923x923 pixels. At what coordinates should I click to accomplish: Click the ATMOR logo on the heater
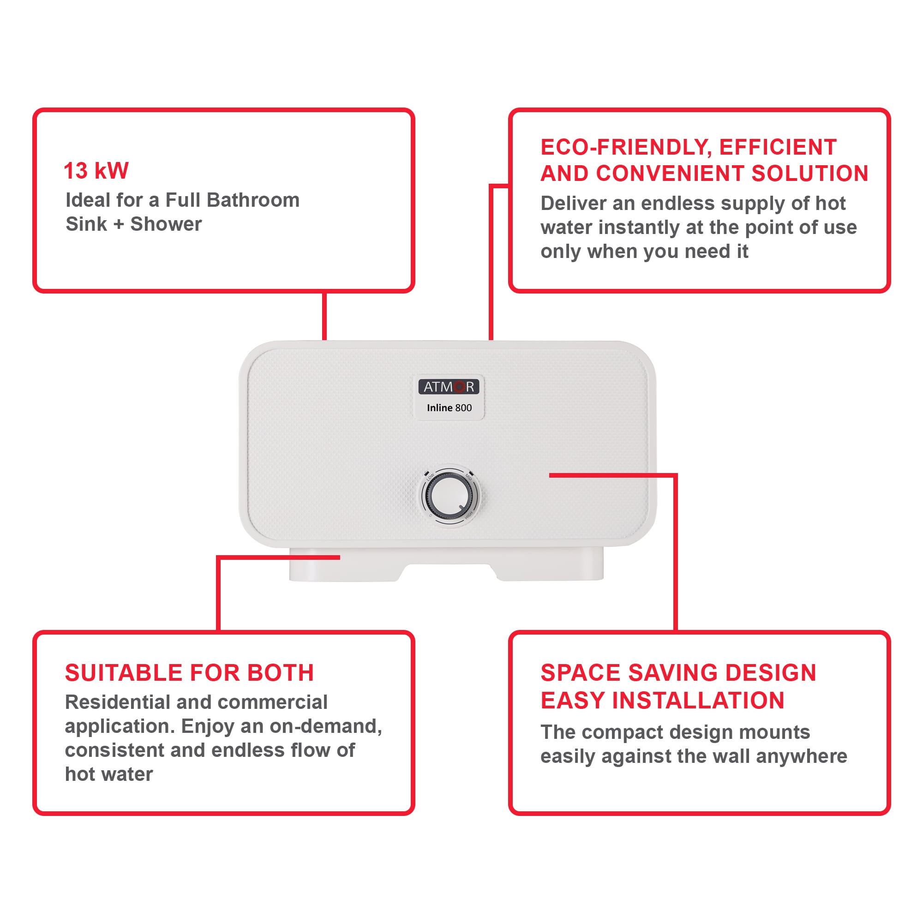tap(448, 386)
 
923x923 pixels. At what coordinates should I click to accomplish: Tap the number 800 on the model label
tap(463, 408)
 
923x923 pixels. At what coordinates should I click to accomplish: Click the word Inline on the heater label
tap(439, 408)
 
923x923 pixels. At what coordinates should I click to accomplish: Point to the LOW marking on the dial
tap(430, 477)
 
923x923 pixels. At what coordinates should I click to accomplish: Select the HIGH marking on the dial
tap(469, 515)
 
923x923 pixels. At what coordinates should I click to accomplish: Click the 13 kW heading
tap(96, 171)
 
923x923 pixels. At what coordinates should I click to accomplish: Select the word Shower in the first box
tap(166, 224)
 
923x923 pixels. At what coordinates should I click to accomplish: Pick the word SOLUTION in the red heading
tap(809, 174)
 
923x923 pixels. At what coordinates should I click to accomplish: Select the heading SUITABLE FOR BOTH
tap(189, 673)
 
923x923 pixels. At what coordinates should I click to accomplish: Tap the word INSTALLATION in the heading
tap(698, 701)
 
